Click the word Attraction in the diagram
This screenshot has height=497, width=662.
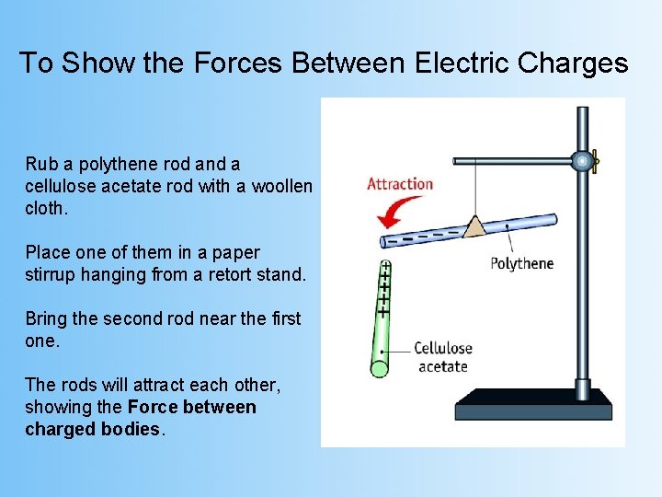[400, 183]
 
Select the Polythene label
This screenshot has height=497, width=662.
[521, 263]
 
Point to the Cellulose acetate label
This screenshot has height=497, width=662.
[442, 357]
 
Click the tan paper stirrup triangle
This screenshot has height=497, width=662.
[474, 225]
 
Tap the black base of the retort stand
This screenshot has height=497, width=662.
[533, 404]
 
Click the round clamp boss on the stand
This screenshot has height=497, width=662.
[581, 162]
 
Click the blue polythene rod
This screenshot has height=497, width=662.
[515, 224]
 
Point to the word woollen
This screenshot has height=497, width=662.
[281, 186]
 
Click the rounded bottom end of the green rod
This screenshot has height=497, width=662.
[379, 369]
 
